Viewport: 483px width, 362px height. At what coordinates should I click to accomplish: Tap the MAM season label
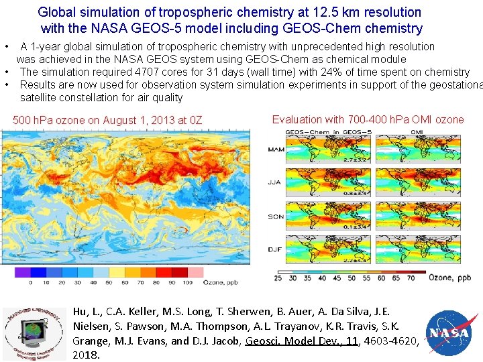tap(275, 149)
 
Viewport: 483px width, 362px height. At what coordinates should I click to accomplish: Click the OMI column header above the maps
tap(417, 132)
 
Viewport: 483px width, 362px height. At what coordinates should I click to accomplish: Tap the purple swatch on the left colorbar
tap(23, 272)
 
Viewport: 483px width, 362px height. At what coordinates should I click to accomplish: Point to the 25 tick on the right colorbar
tap(278, 278)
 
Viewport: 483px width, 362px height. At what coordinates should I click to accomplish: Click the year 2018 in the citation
tap(85, 355)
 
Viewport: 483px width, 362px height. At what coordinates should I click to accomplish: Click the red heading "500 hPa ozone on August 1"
tap(107, 121)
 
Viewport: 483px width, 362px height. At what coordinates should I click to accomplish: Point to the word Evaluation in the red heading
tap(296, 120)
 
